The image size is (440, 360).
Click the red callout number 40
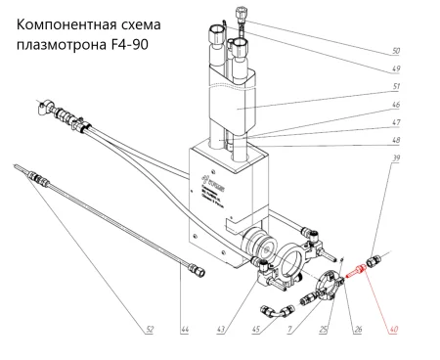(395, 329)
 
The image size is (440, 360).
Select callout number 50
(395, 49)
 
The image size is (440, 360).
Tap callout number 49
(395, 70)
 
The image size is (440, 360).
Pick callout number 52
(149, 330)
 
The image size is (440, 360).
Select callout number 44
(183, 330)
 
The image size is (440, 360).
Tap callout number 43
(221, 330)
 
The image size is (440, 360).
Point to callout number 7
(290, 330)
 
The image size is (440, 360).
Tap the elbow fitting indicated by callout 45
(275, 311)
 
